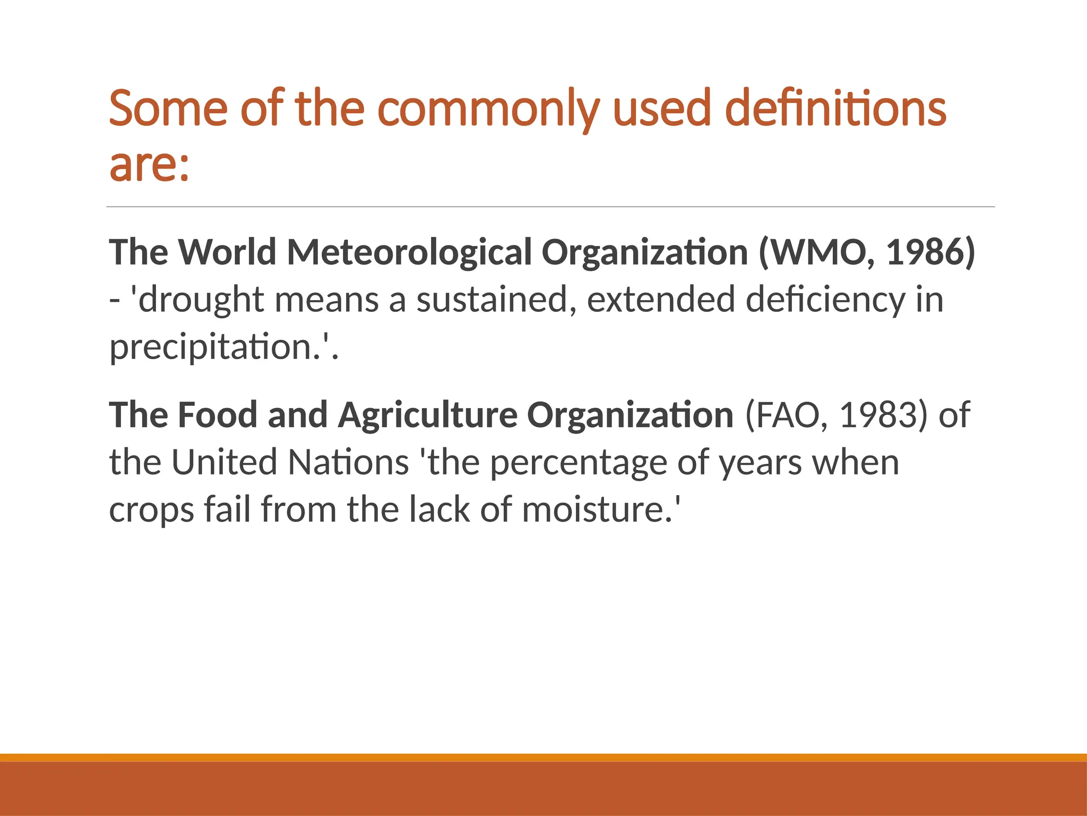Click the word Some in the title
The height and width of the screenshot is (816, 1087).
click(168, 109)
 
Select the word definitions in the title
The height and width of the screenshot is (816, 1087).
click(835, 109)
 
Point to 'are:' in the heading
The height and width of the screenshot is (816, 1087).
click(149, 164)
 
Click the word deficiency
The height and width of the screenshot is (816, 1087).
click(825, 300)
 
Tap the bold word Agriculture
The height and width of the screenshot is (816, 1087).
click(428, 415)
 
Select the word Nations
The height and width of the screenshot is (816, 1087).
click(348, 462)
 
